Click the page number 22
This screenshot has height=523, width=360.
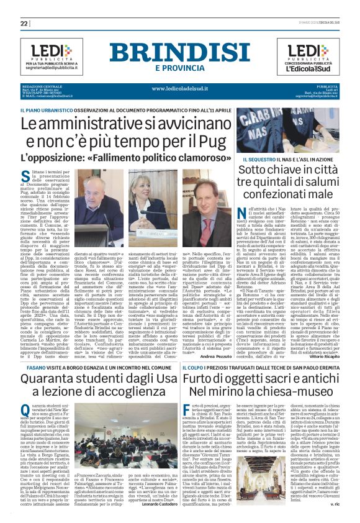[24, 23]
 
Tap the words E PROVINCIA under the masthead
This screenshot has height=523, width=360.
[179, 68]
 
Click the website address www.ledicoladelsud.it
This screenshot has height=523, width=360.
[179, 88]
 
